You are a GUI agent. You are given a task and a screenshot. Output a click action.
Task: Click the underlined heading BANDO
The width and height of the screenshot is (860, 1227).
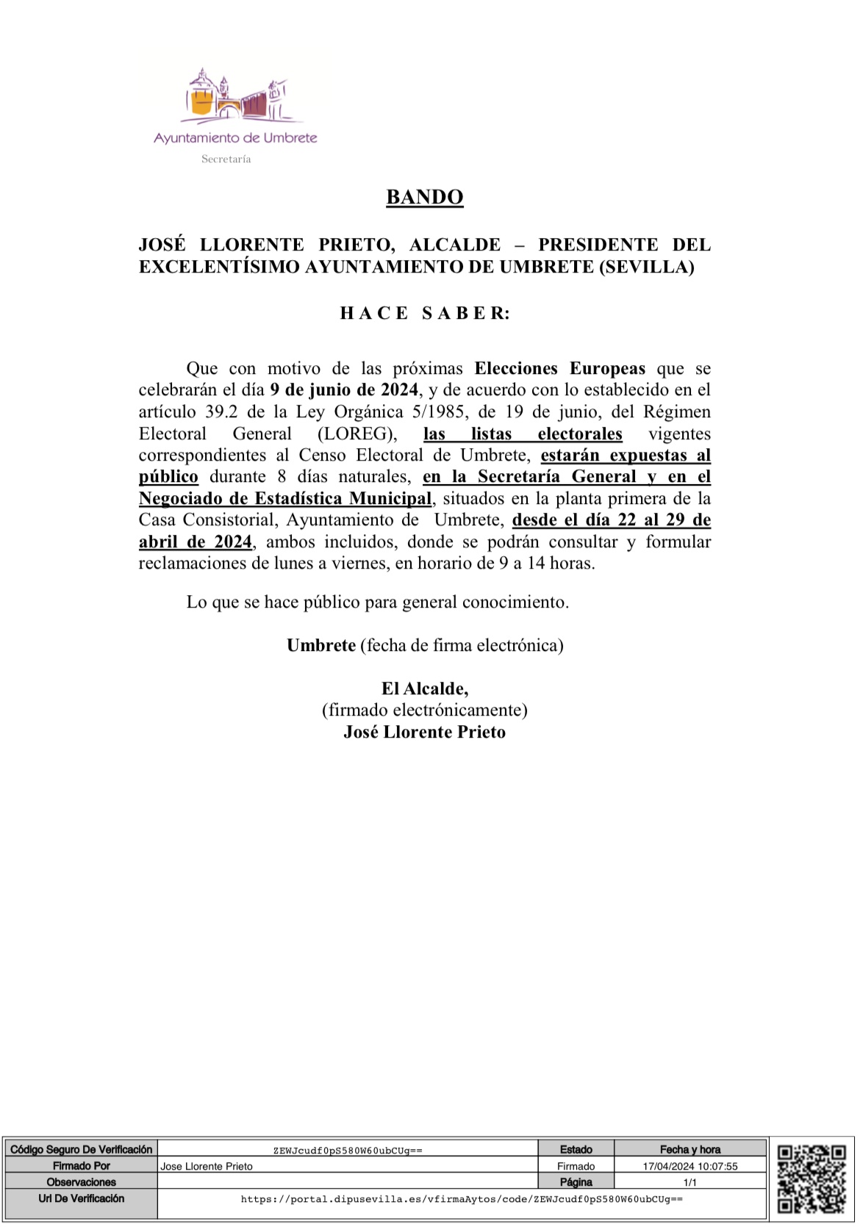tap(424, 197)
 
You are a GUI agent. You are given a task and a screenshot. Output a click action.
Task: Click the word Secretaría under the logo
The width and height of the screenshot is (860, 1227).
tap(226, 159)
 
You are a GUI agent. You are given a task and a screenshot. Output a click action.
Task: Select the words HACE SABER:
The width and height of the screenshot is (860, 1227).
tap(424, 313)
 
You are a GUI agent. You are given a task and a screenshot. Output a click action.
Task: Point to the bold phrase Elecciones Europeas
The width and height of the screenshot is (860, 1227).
tap(559, 368)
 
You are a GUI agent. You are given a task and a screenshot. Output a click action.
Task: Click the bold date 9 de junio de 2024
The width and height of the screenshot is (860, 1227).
tap(343, 389)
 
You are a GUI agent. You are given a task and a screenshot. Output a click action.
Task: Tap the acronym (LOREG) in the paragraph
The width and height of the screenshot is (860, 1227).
tap(357, 433)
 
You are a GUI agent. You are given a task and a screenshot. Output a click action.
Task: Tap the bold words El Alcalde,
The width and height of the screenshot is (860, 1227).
tap(424, 688)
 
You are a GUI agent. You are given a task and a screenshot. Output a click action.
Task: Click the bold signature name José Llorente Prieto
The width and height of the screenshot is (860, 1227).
tap(424, 732)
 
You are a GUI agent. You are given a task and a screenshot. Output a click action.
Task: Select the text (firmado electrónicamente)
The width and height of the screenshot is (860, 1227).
tap(424, 710)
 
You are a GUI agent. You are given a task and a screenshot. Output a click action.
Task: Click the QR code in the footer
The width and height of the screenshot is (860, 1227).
tap(811, 1179)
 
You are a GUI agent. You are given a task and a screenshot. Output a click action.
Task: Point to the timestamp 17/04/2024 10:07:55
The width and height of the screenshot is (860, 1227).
tap(689, 1166)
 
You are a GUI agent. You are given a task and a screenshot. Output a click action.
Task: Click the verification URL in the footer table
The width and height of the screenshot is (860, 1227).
tap(462, 1199)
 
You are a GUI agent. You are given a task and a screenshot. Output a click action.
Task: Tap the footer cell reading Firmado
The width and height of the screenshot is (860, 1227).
tap(576, 1166)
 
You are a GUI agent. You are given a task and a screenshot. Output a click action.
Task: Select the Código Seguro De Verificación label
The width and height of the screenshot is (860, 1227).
tap(81, 1149)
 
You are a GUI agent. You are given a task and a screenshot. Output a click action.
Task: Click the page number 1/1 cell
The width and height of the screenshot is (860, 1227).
tap(689, 1182)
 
